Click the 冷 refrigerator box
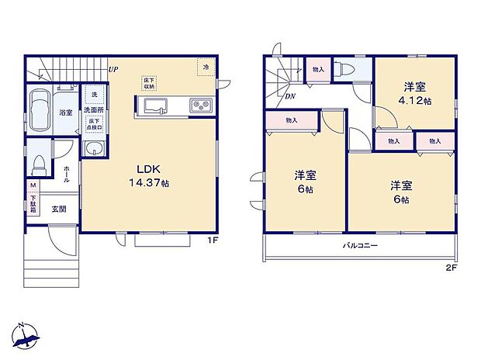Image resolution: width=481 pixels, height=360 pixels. (206, 67)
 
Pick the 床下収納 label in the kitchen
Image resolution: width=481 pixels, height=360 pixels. (148, 82)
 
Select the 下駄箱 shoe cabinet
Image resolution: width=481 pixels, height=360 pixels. (33, 204)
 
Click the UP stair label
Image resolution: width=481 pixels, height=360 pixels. (113, 68)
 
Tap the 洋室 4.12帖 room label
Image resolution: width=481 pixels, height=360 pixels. (415, 93)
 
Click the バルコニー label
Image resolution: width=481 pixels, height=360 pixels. (360, 246)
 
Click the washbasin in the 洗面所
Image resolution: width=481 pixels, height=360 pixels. (93, 149)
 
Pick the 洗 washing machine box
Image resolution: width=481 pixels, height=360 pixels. (91, 94)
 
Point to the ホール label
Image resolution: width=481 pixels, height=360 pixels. (67, 174)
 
